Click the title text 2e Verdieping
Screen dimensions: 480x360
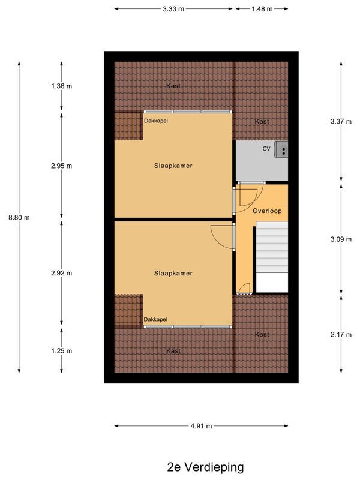(206, 466)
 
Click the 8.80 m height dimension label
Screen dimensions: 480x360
(22, 218)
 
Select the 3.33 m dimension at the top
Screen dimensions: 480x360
(173, 9)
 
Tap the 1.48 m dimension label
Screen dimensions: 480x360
(262, 9)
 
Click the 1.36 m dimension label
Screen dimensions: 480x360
(61, 86)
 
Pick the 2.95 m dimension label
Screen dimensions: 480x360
(61, 166)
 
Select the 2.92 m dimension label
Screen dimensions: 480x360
(61, 273)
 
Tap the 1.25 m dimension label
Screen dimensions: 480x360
(61, 350)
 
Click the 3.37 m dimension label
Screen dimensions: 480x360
(341, 121)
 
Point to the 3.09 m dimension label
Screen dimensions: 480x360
(341, 239)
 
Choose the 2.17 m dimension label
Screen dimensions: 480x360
(341, 334)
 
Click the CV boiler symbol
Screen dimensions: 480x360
(281, 149)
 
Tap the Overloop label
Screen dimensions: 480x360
(267, 211)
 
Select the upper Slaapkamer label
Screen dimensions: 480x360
(173, 166)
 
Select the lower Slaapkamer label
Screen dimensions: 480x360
(173, 273)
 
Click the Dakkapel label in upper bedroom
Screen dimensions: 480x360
(155, 121)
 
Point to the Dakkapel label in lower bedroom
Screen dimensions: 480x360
(155, 319)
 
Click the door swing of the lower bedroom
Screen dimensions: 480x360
(221, 236)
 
